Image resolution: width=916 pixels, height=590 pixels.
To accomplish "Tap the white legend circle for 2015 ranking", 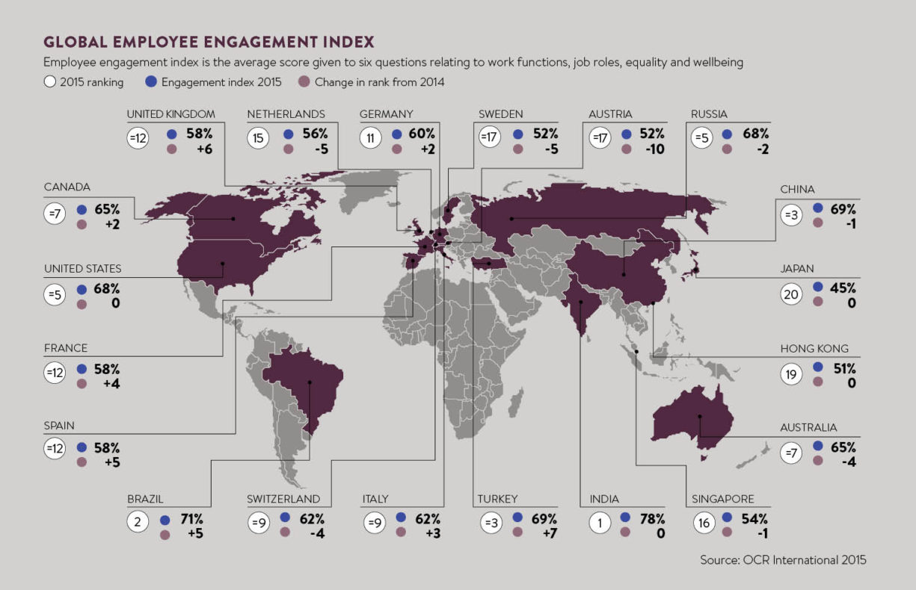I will point(50,82).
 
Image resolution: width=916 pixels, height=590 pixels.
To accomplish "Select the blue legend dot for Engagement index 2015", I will point(151,82).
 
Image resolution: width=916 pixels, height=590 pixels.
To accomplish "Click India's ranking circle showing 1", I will point(600,523).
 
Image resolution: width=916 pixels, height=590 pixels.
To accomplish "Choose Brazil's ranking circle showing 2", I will point(138,523).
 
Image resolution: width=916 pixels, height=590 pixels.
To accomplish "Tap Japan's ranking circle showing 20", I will point(791,294).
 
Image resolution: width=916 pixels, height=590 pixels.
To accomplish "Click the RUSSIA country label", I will point(710,114).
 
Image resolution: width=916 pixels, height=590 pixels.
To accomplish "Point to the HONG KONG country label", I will point(814,349).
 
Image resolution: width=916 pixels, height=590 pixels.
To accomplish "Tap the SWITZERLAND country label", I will point(283,499).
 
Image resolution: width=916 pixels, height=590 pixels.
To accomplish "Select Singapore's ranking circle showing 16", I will point(704,523).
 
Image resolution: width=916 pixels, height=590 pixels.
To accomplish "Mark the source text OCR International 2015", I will point(783,559).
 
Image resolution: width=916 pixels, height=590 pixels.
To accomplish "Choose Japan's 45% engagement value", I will point(840,288).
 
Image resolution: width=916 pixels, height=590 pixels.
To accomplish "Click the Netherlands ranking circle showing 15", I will point(259,139).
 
